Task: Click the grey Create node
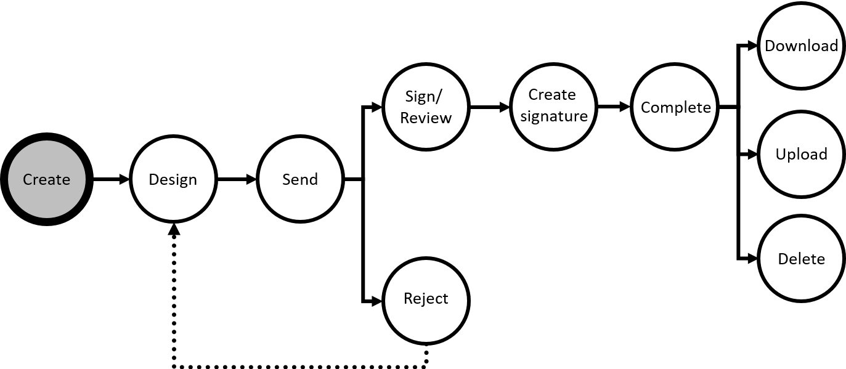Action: click(x=46, y=179)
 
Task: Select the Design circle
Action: click(x=173, y=179)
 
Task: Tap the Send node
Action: click(x=299, y=179)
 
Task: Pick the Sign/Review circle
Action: click(x=426, y=107)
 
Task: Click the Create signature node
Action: click(x=553, y=106)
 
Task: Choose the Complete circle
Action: click(x=675, y=107)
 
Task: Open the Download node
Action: click(x=800, y=46)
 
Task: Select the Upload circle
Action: click(x=800, y=154)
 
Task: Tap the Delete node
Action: click(x=800, y=259)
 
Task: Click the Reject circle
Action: click(x=426, y=299)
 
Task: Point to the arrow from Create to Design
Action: click(x=111, y=179)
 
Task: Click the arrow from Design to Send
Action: click(x=237, y=179)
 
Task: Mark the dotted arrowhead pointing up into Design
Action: click(x=174, y=229)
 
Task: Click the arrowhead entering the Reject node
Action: click(x=377, y=301)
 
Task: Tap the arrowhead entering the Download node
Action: click(x=752, y=46)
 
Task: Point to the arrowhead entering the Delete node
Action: click(x=752, y=259)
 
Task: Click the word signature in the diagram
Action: click(x=553, y=116)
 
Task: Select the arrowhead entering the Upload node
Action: click(x=752, y=154)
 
